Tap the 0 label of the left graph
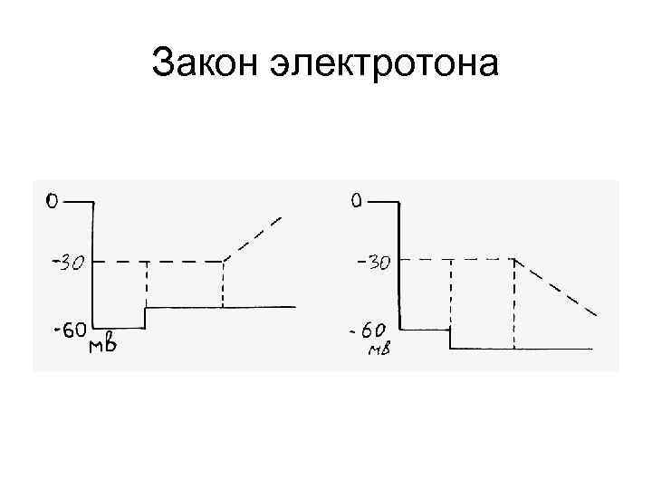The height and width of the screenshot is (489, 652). point(53,201)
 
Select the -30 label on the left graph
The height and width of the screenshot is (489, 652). point(67,264)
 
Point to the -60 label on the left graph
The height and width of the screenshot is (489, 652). point(69,331)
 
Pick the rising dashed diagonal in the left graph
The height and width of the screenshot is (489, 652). point(254,238)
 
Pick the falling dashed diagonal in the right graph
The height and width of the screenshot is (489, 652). point(556,287)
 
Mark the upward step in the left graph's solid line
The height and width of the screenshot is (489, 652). point(146,317)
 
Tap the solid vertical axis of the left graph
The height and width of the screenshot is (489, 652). point(93,263)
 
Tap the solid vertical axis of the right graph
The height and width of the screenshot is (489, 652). point(399,263)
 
